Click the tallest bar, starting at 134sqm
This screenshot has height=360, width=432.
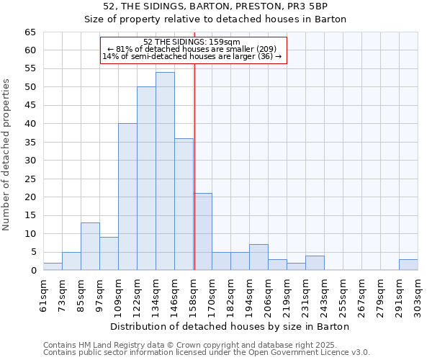pos(165,171)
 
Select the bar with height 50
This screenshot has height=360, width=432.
pos(146,179)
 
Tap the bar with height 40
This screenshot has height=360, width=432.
pos(127,197)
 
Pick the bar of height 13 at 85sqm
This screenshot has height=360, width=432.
pos(90,246)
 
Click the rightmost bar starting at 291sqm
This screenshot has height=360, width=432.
pos(408,264)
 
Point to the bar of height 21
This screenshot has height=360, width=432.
pos(202,232)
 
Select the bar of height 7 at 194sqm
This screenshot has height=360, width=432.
pos(258,257)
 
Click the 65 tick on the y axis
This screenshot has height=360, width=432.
pos(30,32)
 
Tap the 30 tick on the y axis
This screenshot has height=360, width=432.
pos(30,161)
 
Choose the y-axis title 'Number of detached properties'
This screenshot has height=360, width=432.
pos(6,154)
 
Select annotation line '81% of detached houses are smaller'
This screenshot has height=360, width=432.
pos(192,49)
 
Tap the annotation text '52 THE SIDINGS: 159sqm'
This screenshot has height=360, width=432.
pos(192,42)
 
